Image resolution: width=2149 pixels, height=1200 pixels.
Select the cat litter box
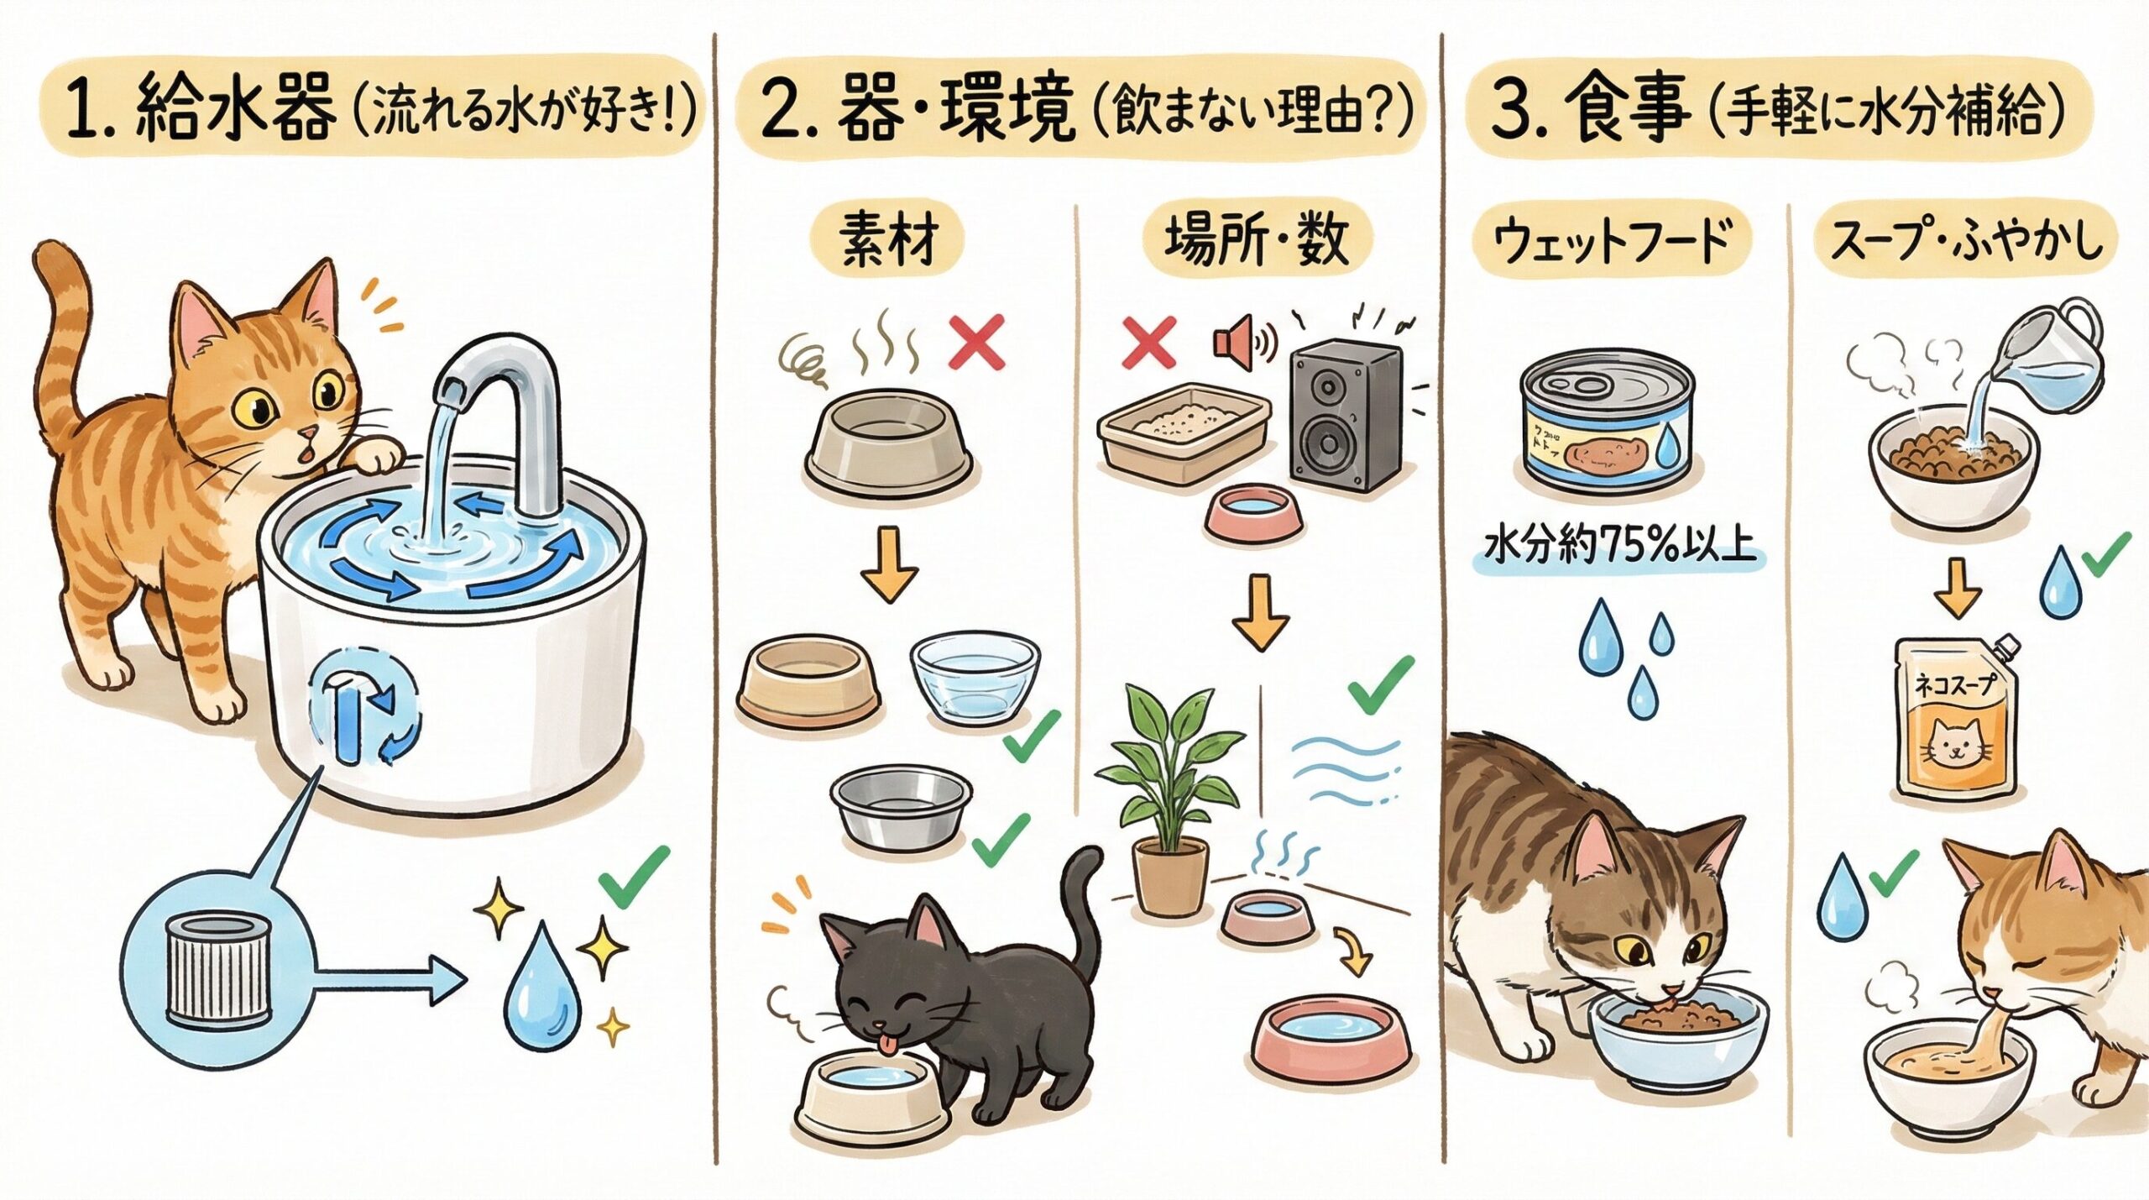[1184, 438]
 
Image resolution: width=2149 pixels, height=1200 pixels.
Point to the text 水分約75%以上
[1619, 547]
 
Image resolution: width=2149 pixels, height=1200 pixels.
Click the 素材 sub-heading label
[887, 241]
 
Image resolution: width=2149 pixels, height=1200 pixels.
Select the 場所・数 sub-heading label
[1256, 241]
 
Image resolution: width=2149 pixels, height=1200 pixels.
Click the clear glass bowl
[974, 677]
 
